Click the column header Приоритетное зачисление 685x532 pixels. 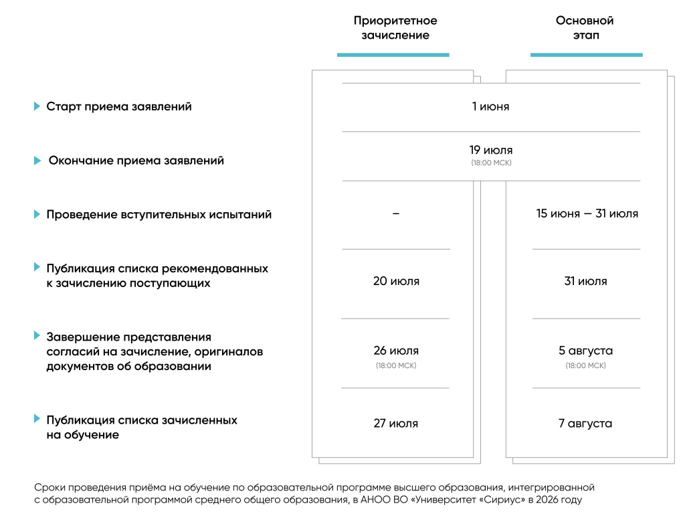click(x=395, y=28)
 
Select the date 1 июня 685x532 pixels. click(x=490, y=106)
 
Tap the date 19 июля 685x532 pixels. click(x=490, y=151)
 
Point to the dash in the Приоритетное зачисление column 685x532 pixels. click(x=395, y=214)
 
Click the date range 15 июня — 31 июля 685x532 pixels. click(x=587, y=214)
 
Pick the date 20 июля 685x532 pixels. click(x=396, y=281)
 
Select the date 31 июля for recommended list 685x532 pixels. click(x=585, y=281)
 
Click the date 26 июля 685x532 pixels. click(x=396, y=351)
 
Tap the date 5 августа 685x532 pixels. click(x=585, y=351)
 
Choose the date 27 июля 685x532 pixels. click(x=396, y=424)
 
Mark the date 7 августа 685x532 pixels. click(x=585, y=424)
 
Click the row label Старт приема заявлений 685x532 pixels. click(x=119, y=107)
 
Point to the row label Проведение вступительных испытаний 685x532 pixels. click(x=159, y=215)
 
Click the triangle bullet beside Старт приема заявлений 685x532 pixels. click(x=37, y=106)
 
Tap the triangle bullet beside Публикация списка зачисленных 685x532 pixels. click(x=37, y=419)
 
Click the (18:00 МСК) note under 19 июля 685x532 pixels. click(x=490, y=163)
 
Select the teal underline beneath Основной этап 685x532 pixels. click(x=586, y=55)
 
